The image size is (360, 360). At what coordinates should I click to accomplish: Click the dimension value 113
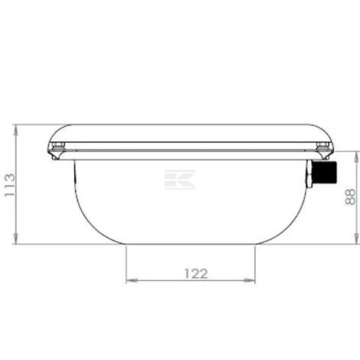[x=10, y=185]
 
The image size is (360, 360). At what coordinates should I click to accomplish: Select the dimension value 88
[x=350, y=197]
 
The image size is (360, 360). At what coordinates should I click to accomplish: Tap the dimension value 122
[x=196, y=274]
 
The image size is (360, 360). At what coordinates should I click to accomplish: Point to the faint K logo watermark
[x=180, y=179]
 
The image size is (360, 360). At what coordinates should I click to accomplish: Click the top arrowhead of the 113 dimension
[x=15, y=129]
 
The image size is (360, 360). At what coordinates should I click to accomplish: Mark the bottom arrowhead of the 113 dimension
[x=15, y=239]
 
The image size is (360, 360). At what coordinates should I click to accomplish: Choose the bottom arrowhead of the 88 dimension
[x=356, y=239]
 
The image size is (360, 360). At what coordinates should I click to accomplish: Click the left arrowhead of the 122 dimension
[x=131, y=280]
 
